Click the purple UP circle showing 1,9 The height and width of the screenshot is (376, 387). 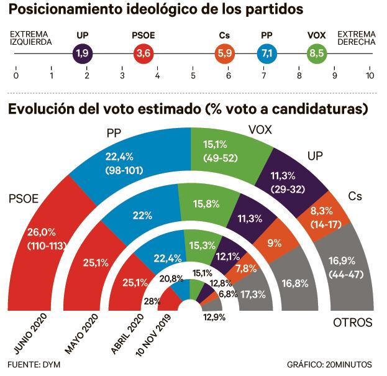point(82,54)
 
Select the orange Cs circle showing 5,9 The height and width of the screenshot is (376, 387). point(224,54)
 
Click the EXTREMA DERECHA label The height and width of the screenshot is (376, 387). point(355,38)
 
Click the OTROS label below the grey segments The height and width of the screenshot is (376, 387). point(352,323)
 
